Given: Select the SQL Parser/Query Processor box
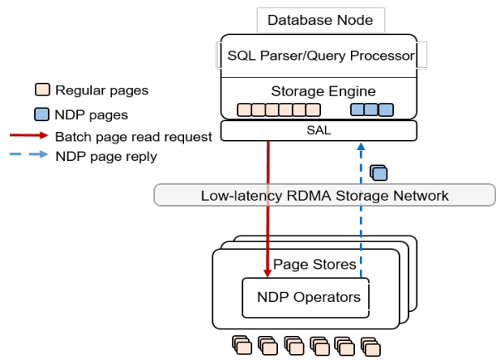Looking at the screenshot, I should pos(320,56).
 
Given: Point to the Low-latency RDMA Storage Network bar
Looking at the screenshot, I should pos(324,196).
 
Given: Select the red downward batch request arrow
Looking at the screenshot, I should pos(268,207).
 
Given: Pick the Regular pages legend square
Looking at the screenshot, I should pos(41,90).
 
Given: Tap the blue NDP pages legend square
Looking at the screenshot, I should pos(41,114).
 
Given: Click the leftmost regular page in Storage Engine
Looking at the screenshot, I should pos(245,109).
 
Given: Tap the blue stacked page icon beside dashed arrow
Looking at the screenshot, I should pos(379,173).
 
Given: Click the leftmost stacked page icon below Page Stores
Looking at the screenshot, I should pos(240,343).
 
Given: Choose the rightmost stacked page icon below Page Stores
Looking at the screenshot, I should pos(371,343).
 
